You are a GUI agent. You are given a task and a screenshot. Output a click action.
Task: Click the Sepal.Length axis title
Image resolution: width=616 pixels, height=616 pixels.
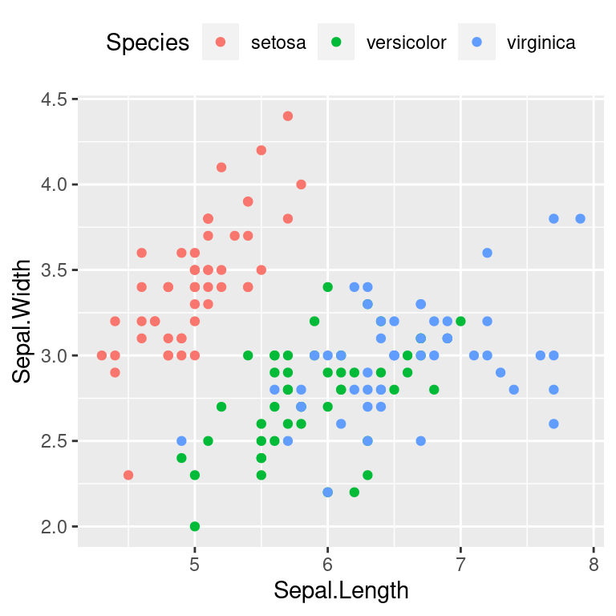341,591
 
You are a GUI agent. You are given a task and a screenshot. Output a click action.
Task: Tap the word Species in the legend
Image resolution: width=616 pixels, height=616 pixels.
148,43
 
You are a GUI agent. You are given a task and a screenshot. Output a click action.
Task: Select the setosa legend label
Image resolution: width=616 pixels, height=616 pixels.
278,43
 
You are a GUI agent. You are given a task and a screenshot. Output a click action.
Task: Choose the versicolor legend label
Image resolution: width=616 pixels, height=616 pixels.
406,43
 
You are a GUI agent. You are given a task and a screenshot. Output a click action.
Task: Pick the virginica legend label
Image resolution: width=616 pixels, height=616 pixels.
541,43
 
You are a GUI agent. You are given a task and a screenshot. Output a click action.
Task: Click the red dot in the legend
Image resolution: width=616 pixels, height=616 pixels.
221,43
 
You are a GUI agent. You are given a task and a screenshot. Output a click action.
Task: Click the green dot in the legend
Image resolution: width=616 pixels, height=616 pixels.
336,43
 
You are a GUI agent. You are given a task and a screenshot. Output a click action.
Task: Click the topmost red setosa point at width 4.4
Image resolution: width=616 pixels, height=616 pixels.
288,116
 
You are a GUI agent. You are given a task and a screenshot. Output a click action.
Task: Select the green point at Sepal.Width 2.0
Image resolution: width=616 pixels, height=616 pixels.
194,526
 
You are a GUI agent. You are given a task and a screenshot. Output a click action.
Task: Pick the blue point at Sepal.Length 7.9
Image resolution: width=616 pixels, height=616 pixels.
580,218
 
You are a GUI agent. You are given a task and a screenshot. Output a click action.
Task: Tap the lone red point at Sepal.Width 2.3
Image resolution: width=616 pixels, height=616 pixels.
128,475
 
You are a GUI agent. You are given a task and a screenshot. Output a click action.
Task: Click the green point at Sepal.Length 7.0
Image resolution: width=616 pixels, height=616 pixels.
460,321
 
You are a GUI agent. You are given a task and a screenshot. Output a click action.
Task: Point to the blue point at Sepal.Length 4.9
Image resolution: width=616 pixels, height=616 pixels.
181,441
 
